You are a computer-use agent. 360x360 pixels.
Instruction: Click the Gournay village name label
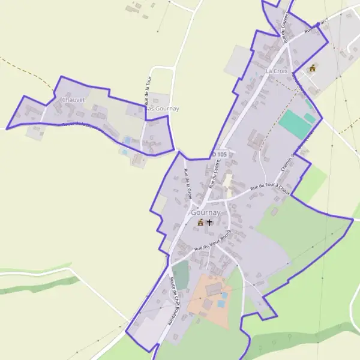coord(206,212)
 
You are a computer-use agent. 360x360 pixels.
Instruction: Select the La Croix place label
coord(277,71)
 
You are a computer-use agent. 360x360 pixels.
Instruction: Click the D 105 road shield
coord(220,154)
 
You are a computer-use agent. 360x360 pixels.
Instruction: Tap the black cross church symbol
coord(209,223)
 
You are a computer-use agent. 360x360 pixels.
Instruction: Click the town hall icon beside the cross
coord(200,223)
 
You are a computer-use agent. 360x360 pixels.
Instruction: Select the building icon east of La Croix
coord(311,68)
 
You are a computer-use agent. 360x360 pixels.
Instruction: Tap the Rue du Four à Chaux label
coord(270,189)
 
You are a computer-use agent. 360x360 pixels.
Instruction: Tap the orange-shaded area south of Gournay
coord(209,302)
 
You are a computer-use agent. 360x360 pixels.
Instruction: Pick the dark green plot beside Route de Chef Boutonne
coord(180,274)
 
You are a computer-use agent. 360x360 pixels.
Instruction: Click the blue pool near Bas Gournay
coord(127,140)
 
